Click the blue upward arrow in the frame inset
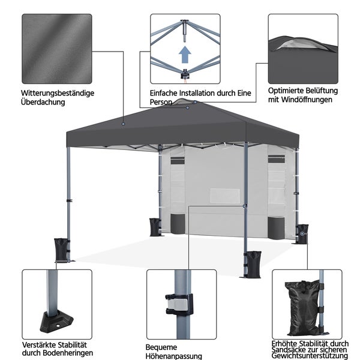(185, 55)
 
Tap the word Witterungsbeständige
(58, 93)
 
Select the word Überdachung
(43, 102)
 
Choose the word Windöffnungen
(307, 100)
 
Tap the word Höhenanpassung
(174, 356)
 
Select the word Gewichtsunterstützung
(310, 356)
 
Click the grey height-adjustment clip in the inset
(176, 304)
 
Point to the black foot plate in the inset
(56, 321)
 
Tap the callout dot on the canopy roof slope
(123, 124)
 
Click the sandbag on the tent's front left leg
(61, 250)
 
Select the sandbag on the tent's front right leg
(253, 264)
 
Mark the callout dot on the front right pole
(244, 206)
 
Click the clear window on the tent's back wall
(225, 196)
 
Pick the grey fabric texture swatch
(57, 49)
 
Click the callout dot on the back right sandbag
(302, 233)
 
